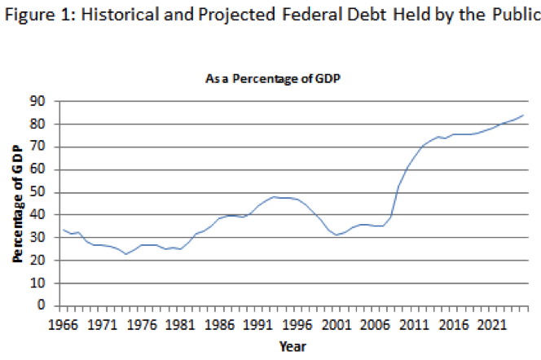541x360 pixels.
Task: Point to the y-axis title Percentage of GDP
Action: click(x=17, y=203)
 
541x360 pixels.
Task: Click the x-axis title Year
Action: click(x=291, y=346)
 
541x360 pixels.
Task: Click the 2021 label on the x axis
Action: click(x=502, y=323)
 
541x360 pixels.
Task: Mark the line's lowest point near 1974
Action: click(x=126, y=254)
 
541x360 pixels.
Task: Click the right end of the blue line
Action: click(x=522, y=115)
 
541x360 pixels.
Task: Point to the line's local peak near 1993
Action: click(x=275, y=197)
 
